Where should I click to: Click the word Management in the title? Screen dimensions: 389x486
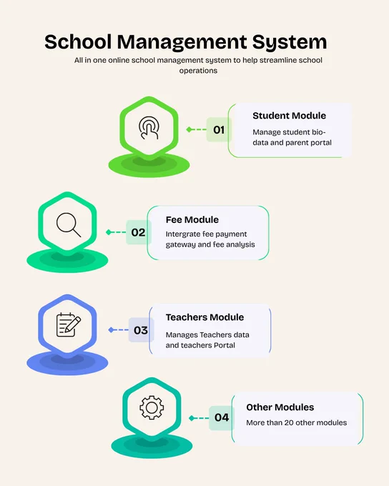tap(182, 42)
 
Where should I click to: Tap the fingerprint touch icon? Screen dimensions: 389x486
tap(149, 128)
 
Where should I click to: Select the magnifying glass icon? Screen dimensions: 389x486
tap(69, 224)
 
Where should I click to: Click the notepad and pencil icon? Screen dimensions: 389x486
tap(68, 324)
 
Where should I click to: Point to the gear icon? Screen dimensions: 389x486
tap(152, 407)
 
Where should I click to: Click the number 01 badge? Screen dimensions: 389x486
tap(219, 129)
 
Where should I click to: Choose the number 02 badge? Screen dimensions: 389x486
tap(138, 232)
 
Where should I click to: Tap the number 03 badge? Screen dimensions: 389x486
tap(141, 330)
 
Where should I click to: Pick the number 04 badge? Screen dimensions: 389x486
tap(222, 417)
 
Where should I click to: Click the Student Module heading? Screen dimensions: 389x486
tap(289, 116)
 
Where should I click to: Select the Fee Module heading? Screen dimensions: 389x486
tap(192, 219)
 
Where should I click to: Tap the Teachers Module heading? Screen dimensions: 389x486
tap(205, 317)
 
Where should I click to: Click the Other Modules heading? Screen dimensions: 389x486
tap(280, 407)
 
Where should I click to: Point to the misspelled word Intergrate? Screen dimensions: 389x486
tap(183, 234)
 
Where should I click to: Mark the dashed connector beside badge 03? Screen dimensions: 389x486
tap(119, 329)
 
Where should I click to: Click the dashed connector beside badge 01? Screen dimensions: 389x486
tap(197, 129)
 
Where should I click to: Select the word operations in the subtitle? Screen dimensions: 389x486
tap(198, 71)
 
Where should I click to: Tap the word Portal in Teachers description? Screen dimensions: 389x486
tap(225, 345)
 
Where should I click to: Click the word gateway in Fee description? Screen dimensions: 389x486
tap(180, 244)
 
